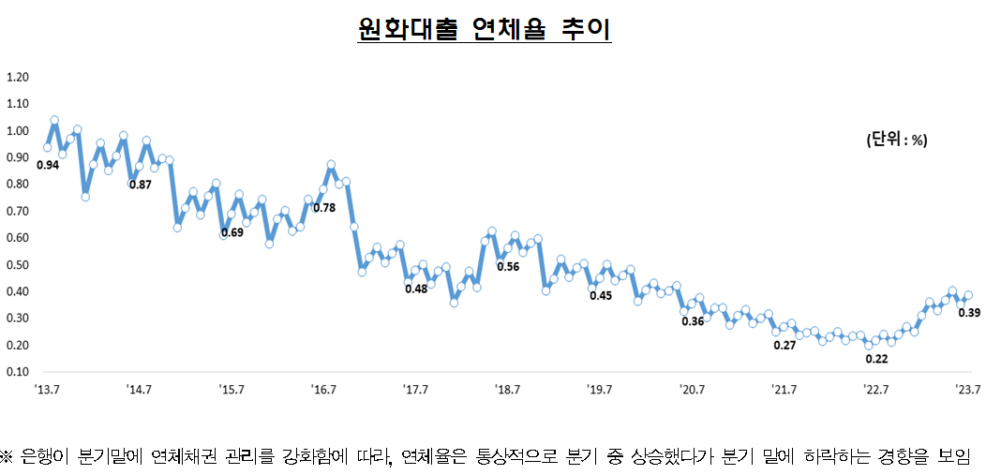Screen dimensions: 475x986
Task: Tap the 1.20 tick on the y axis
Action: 18,77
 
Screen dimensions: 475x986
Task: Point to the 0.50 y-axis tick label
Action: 18,265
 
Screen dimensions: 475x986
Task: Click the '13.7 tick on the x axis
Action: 48,390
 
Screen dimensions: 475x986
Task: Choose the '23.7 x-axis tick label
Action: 967,390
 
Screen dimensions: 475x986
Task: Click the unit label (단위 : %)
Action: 896,140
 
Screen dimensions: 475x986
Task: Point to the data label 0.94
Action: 47,165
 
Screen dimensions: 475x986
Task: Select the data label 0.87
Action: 140,185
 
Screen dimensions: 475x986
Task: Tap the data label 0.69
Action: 232,232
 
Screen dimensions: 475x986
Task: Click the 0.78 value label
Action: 324,207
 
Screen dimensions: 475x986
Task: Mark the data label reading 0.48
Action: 415,289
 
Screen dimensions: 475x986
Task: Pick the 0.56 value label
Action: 507,266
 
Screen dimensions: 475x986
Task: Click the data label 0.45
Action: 600,296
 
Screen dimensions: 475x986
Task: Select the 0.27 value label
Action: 784,346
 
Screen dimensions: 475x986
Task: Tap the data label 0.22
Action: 876,359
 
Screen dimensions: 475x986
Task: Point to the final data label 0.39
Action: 969,312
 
